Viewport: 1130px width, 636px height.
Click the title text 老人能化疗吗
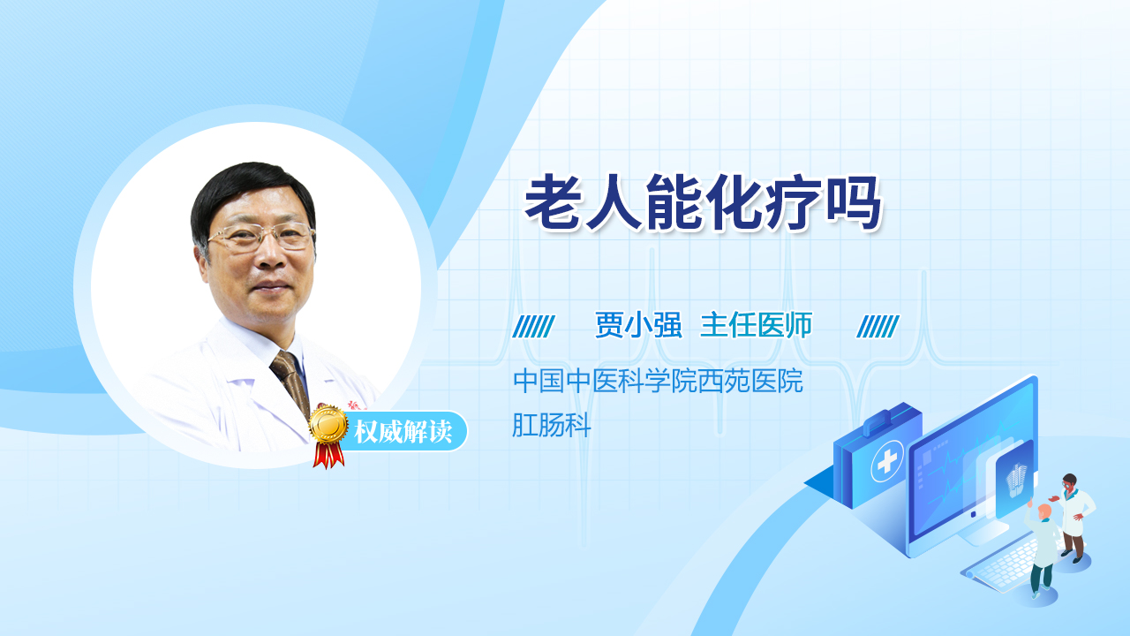(x=704, y=203)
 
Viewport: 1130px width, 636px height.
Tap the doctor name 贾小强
(x=638, y=324)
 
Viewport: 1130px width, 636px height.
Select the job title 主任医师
(x=757, y=324)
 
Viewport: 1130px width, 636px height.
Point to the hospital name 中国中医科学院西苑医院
(x=658, y=381)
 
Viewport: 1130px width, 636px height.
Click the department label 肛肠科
(x=552, y=425)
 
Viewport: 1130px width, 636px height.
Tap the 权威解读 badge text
(x=403, y=432)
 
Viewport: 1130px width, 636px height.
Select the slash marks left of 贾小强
(x=533, y=326)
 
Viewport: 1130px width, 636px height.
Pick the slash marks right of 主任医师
(x=878, y=326)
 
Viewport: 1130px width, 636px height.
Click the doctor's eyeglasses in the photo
(x=261, y=236)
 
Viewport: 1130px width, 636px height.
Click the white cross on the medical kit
(x=887, y=461)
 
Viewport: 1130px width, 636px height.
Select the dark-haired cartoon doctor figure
(x=1073, y=518)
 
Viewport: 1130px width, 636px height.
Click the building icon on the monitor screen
(x=1016, y=481)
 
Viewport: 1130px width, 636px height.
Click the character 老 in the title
(x=553, y=203)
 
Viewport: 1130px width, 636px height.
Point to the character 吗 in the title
(x=854, y=203)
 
